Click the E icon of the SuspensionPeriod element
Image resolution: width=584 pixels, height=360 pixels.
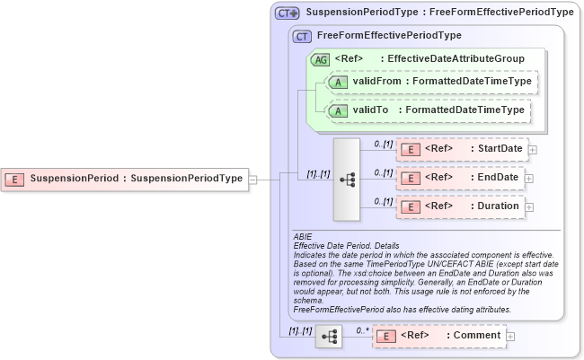coord(15,179)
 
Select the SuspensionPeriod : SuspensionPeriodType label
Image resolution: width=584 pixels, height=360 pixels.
coord(136,179)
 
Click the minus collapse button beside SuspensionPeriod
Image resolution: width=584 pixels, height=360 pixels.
coord(253,179)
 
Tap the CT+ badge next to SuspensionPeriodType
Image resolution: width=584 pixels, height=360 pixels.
coord(288,13)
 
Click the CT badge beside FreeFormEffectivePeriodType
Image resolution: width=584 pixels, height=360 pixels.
coord(303,36)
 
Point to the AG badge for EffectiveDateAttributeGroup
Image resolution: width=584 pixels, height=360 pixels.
coord(320,60)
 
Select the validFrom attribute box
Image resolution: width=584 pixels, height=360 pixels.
coord(431,83)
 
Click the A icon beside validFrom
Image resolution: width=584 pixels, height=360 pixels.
coord(338,83)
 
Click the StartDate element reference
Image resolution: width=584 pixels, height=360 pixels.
coord(462,149)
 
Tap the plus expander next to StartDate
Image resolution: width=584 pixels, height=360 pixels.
coord(533,149)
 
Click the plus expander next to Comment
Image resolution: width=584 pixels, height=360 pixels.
coord(510,336)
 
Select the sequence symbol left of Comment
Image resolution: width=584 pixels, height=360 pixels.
coord(329,336)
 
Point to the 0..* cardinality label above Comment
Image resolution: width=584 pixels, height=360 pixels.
coord(361,329)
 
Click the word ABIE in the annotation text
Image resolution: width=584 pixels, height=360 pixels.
coord(304,236)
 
